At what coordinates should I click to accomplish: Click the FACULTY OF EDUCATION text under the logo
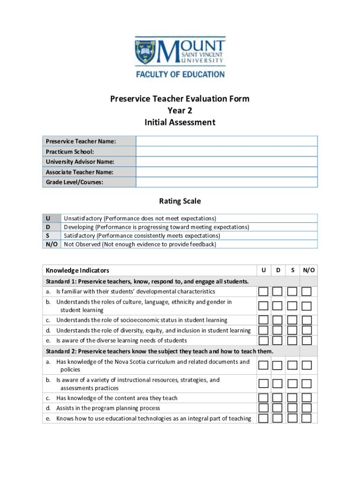tap(180, 74)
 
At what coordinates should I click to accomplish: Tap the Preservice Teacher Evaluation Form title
tap(180, 99)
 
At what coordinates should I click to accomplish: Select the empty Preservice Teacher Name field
tap(227, 141)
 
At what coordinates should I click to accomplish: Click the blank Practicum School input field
tap(227, 152)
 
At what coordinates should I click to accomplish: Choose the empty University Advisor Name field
tap(227, 162)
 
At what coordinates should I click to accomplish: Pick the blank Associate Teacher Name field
tap(227, 172)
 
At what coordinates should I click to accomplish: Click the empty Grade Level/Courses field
tap(227, 182)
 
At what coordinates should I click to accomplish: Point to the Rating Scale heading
tap(180, 201)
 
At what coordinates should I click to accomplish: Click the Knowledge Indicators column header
tap(78, 270)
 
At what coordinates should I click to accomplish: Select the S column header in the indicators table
tap(292, 270)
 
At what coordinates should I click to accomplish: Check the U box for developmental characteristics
tap(264, 292)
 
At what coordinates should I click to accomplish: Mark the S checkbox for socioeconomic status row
tap(292, 320)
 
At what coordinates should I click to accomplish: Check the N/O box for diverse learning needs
tap(306, 341)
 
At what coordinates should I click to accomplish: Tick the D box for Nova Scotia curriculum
tap(278, 365)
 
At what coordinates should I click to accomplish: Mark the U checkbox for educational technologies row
tap(264, 418)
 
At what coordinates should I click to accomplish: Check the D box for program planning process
tap(278, 408)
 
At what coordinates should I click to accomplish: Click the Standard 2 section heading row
tap(159, 351)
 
